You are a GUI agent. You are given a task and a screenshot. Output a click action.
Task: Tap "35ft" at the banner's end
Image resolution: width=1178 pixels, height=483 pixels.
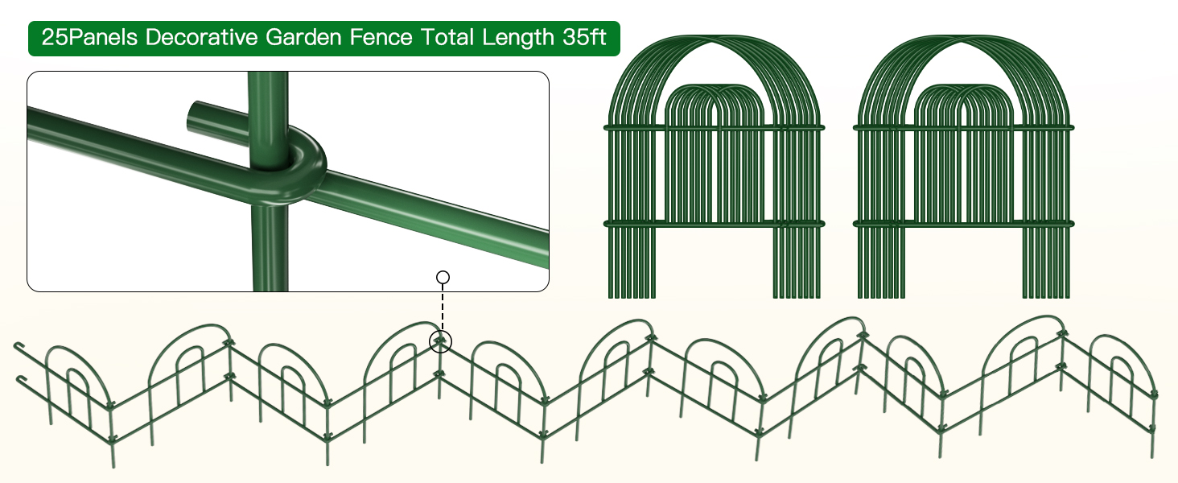coord(585,39)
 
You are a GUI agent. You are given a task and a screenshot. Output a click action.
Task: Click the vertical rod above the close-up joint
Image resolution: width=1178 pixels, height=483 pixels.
coord(267,97)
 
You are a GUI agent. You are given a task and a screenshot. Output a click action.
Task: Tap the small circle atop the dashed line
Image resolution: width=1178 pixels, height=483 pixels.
coord(443,278)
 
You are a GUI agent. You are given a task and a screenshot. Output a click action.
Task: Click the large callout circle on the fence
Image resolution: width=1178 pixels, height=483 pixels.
coord(441,342)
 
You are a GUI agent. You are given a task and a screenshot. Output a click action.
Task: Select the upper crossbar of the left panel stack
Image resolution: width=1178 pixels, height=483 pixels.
coord(713,127)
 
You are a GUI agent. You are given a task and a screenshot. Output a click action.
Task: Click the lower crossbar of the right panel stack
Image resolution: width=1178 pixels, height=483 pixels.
coord(962,222)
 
